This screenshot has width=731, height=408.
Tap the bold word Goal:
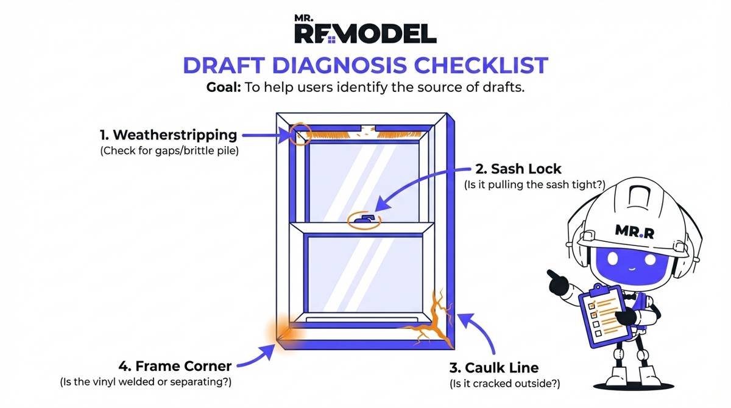223,87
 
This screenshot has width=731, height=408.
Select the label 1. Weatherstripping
168,135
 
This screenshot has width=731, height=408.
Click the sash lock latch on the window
364,219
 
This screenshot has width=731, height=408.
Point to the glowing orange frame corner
281,334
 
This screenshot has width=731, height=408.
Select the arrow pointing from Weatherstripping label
264,136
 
